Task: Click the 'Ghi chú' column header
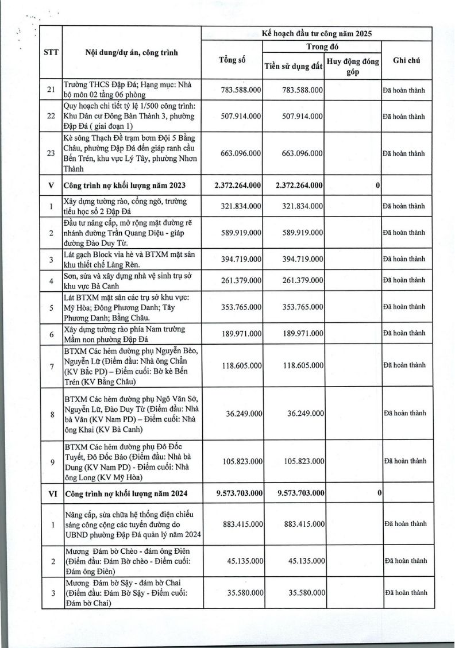[409, 60]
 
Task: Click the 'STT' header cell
[50, 53]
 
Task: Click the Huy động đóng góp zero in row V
[377, 185]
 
